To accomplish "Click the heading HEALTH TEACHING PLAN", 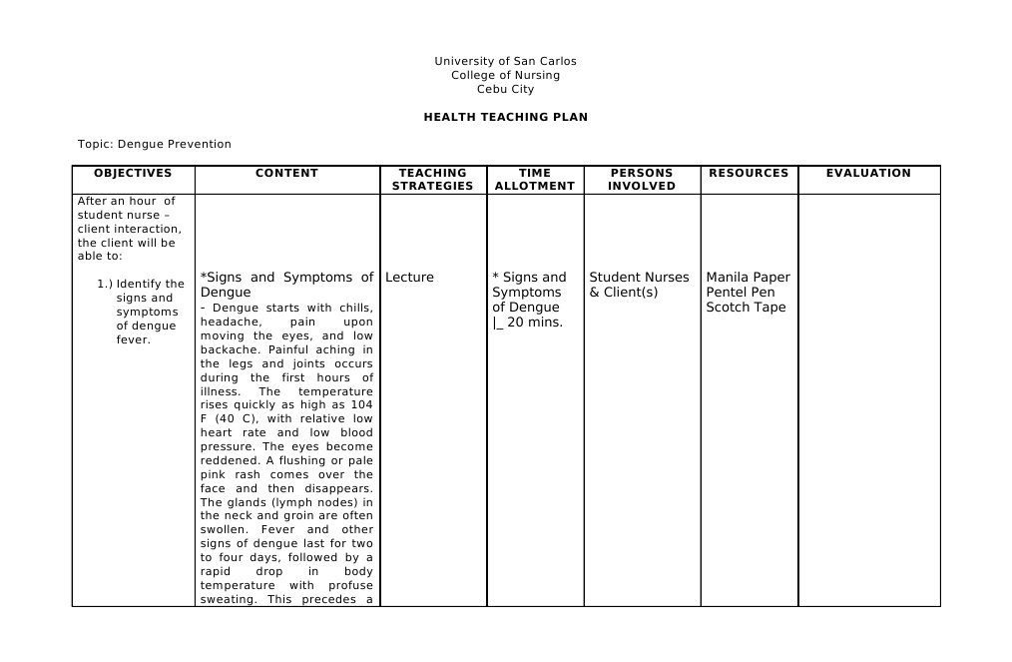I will [x=505, y=117].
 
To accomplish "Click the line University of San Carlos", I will [x=505, y=61].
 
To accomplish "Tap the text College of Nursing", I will [x=505, y=75].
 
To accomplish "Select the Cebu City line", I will [x=505, y=89].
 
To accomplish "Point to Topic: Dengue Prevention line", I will [x=155, y=144].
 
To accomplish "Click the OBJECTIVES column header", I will [x=133, y=173].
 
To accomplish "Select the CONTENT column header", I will [x=286, y=173].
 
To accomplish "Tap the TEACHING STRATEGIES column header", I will [x=432, y=180].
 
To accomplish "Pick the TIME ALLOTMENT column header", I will [x=535, y=180].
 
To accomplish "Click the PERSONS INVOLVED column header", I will [x=642, y=180].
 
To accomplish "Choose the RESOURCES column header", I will [x=749, y=173].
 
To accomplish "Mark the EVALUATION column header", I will [x=868, y=173].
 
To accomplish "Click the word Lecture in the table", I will [x=409, y=278].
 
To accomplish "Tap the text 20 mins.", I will [x=535, y=323].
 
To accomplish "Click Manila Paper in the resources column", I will [x=748, y=278].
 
